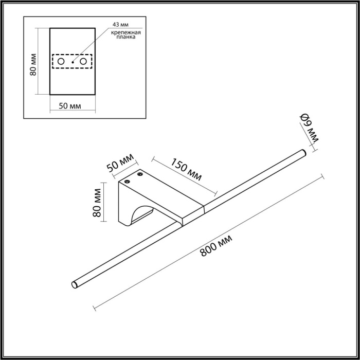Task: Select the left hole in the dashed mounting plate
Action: [61, 62]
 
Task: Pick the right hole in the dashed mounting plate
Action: [82, 62]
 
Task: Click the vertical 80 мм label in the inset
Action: [33, 65]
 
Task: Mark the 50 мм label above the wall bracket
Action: [119, 163]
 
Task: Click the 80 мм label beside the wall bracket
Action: [98, 203]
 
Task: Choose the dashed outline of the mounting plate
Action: [71, 54]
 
